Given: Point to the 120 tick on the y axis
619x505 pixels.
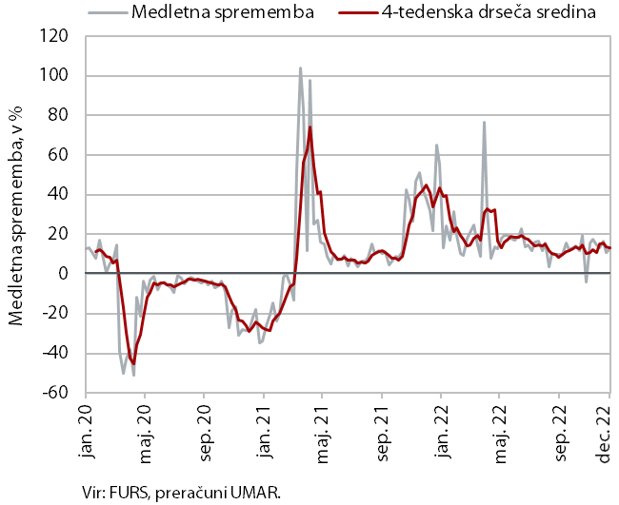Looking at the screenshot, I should coord(55,36).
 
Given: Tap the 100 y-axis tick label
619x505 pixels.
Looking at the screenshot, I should coord(55,76).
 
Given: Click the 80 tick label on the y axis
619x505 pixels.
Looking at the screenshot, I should coord(59,115).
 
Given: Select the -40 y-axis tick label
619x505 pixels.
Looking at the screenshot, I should coord(56,353).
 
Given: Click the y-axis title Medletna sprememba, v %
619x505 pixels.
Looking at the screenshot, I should coord(16,214).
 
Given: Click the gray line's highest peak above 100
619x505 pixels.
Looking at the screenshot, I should coord(301,68).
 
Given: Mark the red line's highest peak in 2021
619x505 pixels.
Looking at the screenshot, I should coord(309,126).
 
